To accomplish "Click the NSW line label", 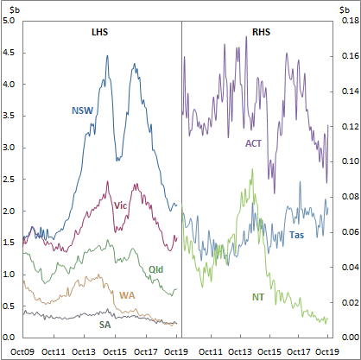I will pyautogui.click(x=82, y=111).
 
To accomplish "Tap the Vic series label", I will pyautogui.click(x=121, y=205).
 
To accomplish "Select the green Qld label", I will pyautogui.click(x=156, y=270).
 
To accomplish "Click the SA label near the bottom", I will pyautogui.click(x=104, y=325).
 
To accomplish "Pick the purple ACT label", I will pyautogui.click(x=254, y=143).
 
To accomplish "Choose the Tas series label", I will pyautogui.click(x=296, y=235).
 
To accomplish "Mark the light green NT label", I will pyautogui.click(x=258, y=297).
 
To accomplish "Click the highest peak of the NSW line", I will pyautogui.click(x=107, y=56).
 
